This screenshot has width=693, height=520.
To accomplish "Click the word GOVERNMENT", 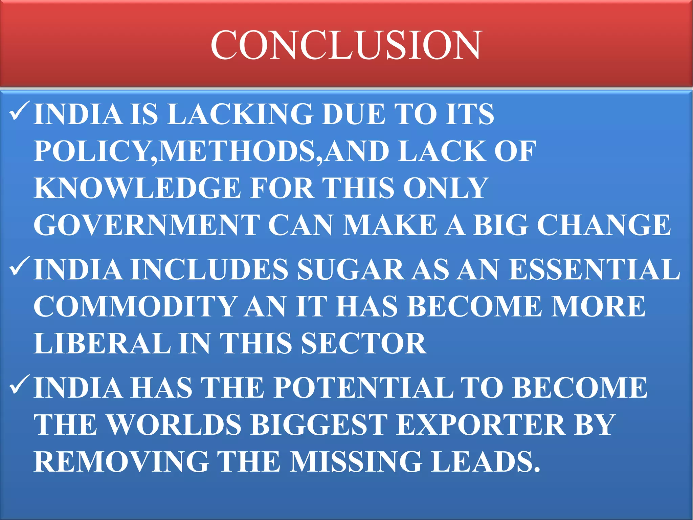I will (x=147, y=225).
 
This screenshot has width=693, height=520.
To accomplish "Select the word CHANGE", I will (x=604, y=225).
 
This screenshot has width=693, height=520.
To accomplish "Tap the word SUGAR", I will (x=350, y=269).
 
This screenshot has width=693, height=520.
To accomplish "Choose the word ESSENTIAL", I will (x=594, y=269).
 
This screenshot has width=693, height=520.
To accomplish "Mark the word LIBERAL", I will (x=102, y=343).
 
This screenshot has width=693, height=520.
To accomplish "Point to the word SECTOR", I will (x=363, y=343).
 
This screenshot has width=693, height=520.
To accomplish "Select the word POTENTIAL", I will (x=363, y=388).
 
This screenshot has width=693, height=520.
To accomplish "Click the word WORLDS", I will (x=174, y=425).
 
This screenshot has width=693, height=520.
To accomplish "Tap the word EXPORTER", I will (x=480, y=425).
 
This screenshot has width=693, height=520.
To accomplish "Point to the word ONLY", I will (x=445, y=188).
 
